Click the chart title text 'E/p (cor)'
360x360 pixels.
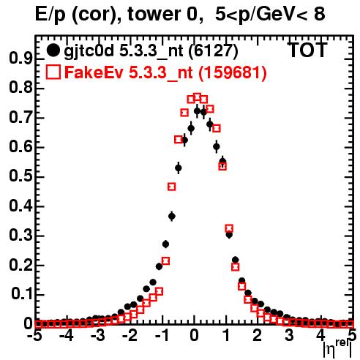tap(75, 15)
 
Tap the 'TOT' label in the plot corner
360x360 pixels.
tap(307, 50)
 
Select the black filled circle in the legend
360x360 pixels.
tap(53, 50)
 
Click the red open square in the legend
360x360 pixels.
tap(53, 72)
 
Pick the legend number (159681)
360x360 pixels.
tap(232, 72)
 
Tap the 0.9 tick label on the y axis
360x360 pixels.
tap(20, 59)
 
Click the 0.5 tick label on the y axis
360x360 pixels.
tap(20, 176)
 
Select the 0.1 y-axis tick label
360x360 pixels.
tap(21, 294)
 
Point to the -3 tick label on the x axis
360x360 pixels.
tap(98, 335)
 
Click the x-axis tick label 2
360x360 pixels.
tap(258, 335)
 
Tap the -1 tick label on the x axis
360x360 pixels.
tap(162, 335)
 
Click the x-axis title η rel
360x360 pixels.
tap(337, 349)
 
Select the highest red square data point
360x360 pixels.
tap(198, 97)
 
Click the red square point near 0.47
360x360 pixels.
tap(172, 187)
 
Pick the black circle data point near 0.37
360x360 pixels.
tap(172, 216)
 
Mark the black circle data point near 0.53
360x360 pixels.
tap(179, 168)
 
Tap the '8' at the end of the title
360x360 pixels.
tap(320, 14)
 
